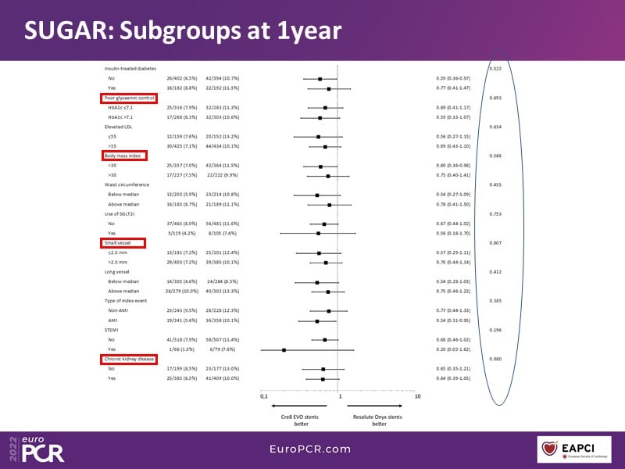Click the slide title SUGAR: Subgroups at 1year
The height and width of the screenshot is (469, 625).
181,30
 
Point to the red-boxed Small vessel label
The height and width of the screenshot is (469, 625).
120,243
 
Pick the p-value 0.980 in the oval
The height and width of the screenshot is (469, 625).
495,359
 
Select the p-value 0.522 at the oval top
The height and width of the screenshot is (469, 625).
495,69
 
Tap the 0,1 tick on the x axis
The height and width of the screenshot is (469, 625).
263,396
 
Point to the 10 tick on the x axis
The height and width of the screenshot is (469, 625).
418,396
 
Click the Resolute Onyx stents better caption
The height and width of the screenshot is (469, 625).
379,421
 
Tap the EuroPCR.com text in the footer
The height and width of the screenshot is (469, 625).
310,449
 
